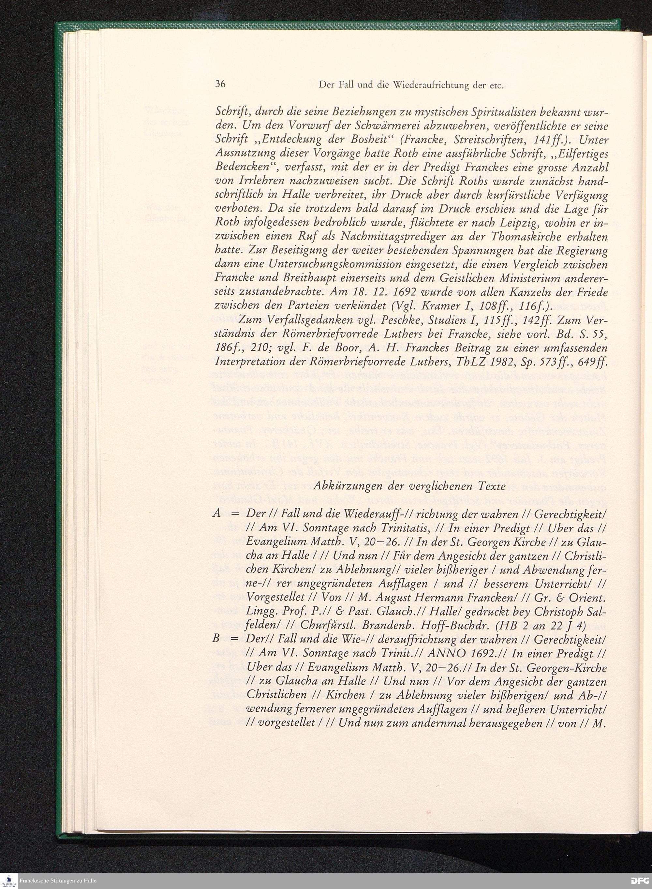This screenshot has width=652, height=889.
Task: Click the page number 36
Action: pyautogui.click(x=220, y=84)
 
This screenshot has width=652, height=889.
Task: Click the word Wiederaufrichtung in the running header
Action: pyautogui.click(x=430, y=85)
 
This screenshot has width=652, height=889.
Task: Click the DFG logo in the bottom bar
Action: pyautogui.click(x=638, y=881)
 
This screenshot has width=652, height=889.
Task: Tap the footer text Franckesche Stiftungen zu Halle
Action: pyautogui.click(x=58, y=881)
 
